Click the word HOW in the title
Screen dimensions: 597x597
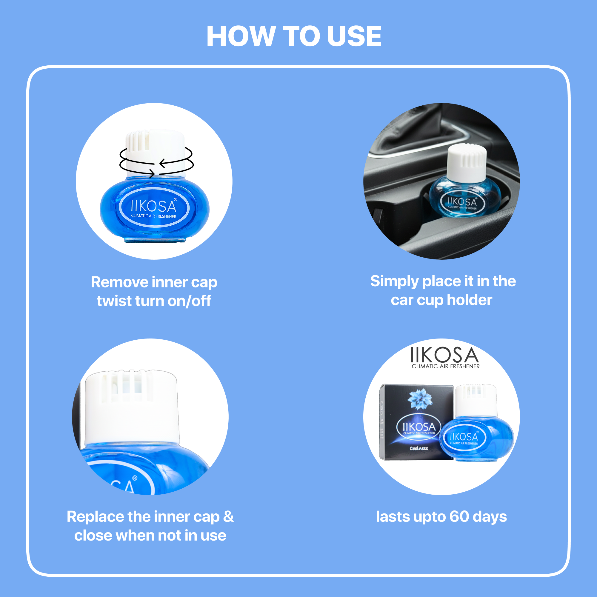pos(241,36)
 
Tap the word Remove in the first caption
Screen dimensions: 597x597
pos(119,282)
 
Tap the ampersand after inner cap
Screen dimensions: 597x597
pos(228,517)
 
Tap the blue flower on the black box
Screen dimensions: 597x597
pos(420,398)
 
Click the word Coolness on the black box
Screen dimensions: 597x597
pos(419,448)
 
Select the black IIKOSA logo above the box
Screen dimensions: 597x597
pos(445,358)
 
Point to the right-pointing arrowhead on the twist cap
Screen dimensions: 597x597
pos(152,173)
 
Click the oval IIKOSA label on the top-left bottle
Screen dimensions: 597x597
pos(154,207)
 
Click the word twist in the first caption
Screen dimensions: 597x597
pos(114,301)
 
